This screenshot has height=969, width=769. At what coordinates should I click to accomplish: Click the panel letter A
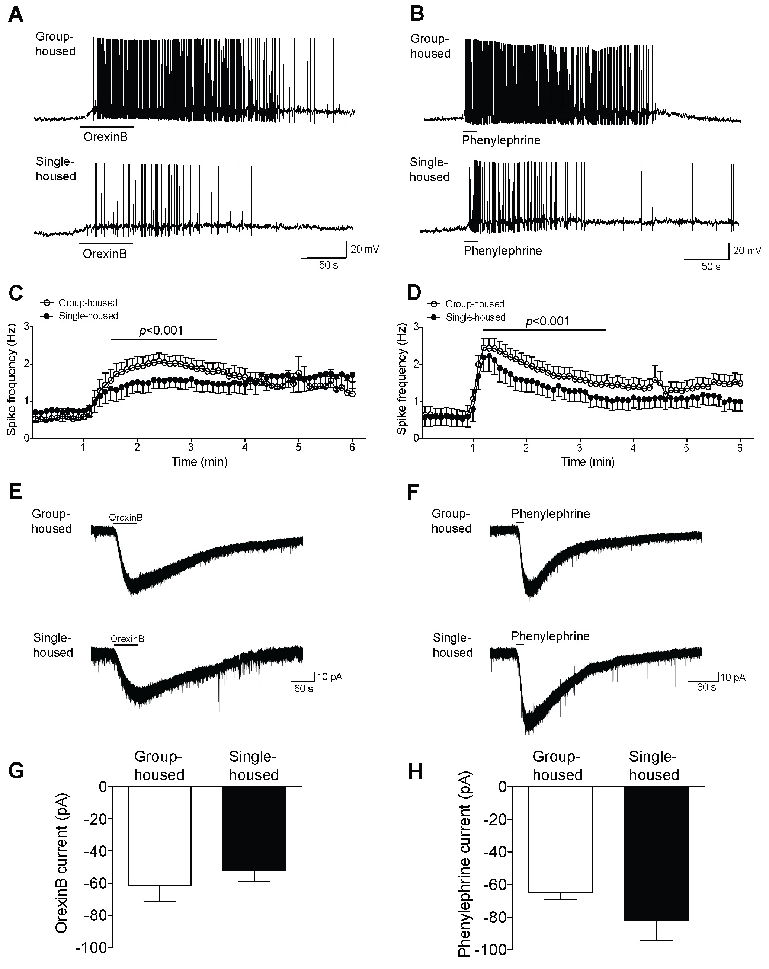pyautogui.click(x=16, y=15)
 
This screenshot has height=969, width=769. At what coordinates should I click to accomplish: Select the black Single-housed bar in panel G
pyautogui.click(x=254, y=828)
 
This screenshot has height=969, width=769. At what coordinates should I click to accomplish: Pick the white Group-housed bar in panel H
pyautogui.click(x=560, y=839)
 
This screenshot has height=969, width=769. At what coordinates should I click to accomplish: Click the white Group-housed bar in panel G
pyautogui.click(x=160, y=835)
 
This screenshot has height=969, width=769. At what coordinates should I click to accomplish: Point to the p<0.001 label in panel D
pyautogui.click(x=547, y=321)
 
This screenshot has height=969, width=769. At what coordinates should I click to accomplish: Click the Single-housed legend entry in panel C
pyautogui.click(x=88, y=316)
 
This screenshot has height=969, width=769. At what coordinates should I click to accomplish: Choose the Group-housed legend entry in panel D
pyautogui.click(x=475, y=304)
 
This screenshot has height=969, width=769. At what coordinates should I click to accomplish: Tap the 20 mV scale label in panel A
pyautogui.click(x=365, y=249)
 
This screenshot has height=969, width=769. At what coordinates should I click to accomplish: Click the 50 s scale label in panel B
pyautogui.click(x=711, y=267)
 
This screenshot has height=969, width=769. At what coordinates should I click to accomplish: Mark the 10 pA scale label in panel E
pyautogui.click(x=330, y=677)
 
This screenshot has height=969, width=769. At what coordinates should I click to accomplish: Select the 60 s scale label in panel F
pyautogui.click(x=706, y=687)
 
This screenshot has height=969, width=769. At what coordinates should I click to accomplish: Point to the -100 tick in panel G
pyautogui.click(x=93, y=947)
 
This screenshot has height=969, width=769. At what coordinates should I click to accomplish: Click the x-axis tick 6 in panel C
pyautogui.click(x=352, y=448)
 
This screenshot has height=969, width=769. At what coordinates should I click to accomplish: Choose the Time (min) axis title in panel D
pyautogui.click(x=588, y=461)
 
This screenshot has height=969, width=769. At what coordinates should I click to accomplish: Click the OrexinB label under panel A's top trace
pyautogui.click(x=106, y=137)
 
